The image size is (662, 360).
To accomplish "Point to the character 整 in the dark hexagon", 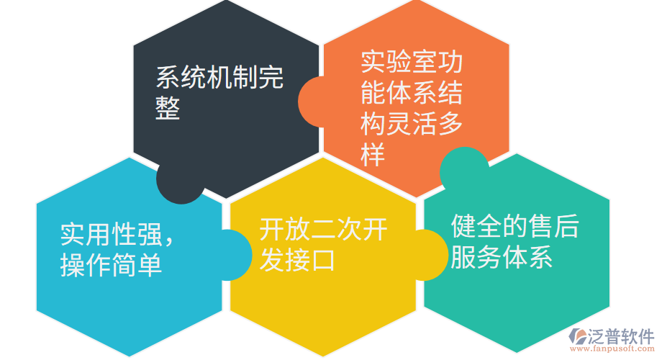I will tap(168, 109).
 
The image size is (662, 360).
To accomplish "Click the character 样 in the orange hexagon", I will tap(373, 156).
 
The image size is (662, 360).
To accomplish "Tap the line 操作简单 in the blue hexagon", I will tap(111, 266).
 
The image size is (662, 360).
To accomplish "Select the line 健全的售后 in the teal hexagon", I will tap(514, 226).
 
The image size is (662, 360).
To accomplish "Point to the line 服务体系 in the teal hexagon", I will tap(502, 258).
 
